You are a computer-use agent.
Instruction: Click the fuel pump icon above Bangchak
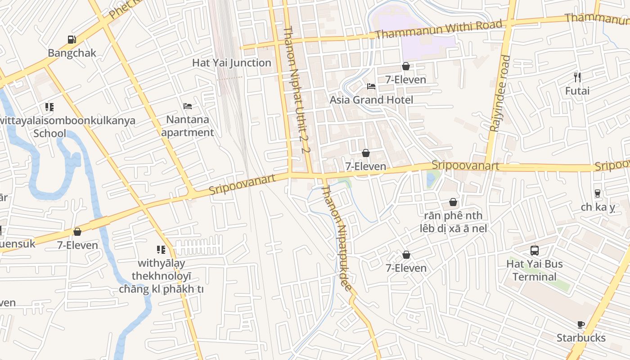tap(72, 40)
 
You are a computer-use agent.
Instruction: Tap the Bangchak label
tap(72, 53)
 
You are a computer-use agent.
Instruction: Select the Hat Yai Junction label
tap(232, 63)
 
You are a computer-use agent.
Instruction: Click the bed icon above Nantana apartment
tap(188, 106)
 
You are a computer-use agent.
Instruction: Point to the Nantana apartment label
tap(188, 126)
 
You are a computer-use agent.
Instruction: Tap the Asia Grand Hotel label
tap(371, 100)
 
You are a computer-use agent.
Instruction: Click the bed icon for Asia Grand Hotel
tap(371, 86)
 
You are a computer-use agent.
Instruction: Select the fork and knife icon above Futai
tap(577, 77)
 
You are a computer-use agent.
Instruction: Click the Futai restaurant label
tap(577, 91)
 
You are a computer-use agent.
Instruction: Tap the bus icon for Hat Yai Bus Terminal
tap(535, 251)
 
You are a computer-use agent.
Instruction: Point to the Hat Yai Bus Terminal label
tap(535, 270)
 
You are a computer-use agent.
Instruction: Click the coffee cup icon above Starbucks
tap(581, 324)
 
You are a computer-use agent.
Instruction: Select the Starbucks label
tap(581, 338)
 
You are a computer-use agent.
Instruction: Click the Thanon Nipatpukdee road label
tap(337, 238)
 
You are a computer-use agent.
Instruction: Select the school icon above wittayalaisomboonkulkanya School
tap(49, 107)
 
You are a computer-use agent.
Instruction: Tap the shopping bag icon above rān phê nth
tap(453, 202)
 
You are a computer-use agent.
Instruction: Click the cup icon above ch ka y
tap(598, 193)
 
